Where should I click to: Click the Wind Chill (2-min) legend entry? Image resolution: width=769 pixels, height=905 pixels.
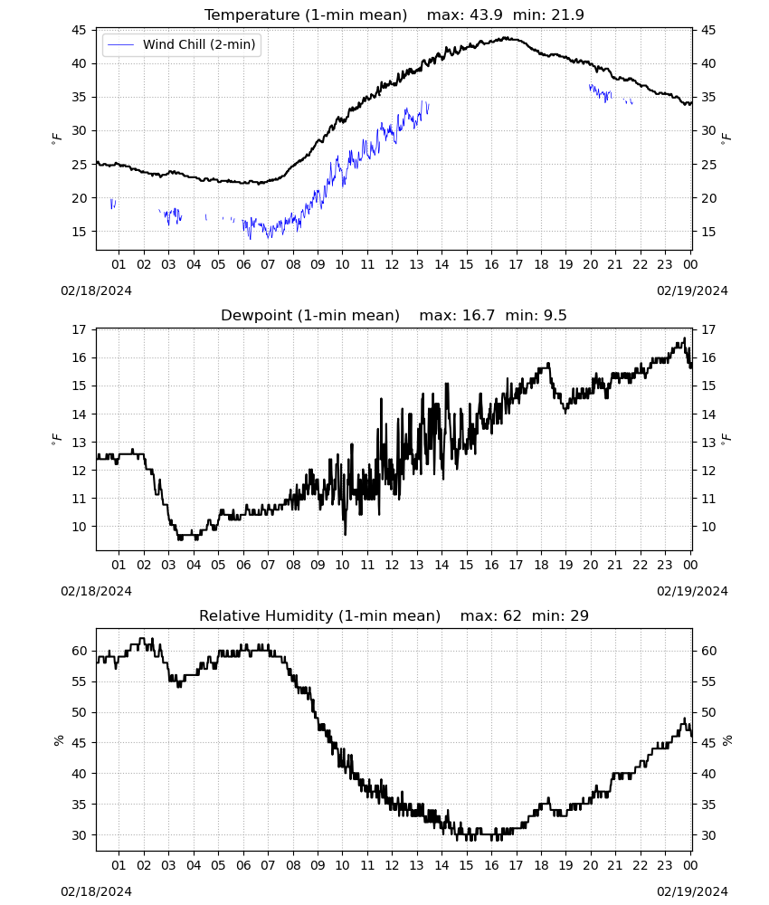coord(182,44)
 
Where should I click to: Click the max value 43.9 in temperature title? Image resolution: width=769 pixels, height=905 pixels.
coord(487,14)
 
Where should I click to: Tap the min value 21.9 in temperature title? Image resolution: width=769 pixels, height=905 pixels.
coord(567,14)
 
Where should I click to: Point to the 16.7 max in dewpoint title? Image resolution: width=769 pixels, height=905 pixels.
coord(479,315)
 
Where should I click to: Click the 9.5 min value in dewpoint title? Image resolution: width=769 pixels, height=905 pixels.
coord(555,315)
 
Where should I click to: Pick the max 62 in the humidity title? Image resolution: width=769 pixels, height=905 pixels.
coord(512,615)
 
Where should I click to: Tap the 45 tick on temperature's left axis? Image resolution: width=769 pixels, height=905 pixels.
coord(79,30)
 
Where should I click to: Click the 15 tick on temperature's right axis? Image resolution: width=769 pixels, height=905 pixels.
coord(708,232)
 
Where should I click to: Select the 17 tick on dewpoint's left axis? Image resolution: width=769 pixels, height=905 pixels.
coord(79,329)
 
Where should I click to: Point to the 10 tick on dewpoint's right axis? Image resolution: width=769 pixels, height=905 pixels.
coord(708,527)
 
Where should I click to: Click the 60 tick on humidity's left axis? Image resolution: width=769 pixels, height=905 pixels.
coord(79,651)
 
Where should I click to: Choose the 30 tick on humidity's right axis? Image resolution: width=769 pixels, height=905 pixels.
coord(708,835)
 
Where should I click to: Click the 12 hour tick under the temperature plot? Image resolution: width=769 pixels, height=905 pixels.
coord(392,264)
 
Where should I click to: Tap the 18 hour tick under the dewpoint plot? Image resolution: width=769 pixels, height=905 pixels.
coord(541,565)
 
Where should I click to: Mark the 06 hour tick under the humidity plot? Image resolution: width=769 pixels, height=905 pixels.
coord(243,865)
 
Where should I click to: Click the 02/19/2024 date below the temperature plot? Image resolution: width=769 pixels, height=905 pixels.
coord(692,291)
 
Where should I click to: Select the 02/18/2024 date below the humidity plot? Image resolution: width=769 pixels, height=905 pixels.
coord(96,891)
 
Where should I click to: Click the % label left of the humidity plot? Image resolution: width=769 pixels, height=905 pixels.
coord(58,740)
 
